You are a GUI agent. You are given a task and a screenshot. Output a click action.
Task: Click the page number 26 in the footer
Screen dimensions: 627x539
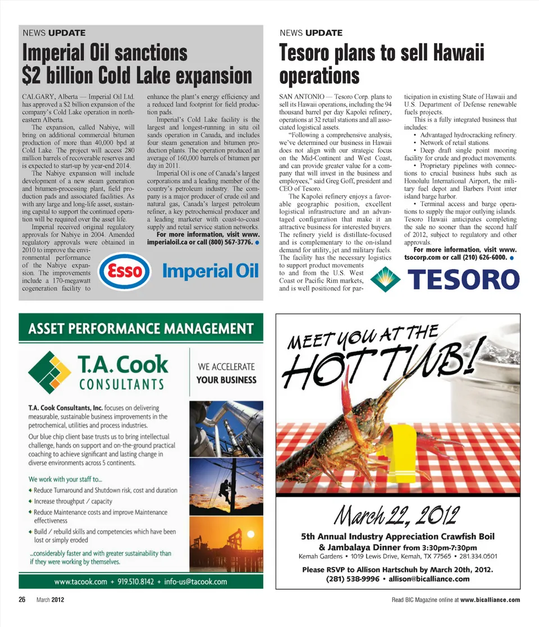[x=22, y=600]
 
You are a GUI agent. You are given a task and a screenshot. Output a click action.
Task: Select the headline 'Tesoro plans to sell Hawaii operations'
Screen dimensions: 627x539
[x=382, y=64]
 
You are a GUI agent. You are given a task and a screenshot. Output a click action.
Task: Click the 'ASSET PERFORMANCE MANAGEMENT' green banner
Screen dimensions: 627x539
[x=140, y=328]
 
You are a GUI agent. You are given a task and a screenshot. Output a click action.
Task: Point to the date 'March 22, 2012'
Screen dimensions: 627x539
[x=398, y=513]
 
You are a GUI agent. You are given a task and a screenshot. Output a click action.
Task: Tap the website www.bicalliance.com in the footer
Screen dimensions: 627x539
[x=490, y=600]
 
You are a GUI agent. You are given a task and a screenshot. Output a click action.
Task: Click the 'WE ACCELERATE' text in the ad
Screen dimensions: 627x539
[x=226, y=367]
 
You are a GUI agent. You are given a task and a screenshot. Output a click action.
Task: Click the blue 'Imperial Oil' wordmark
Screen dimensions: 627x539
[x=210, y=271]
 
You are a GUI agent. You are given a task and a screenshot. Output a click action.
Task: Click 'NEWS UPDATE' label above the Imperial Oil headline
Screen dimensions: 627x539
[x=54, y=33]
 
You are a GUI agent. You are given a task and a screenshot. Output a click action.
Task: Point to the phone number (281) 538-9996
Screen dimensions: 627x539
[x=353, y=579]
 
